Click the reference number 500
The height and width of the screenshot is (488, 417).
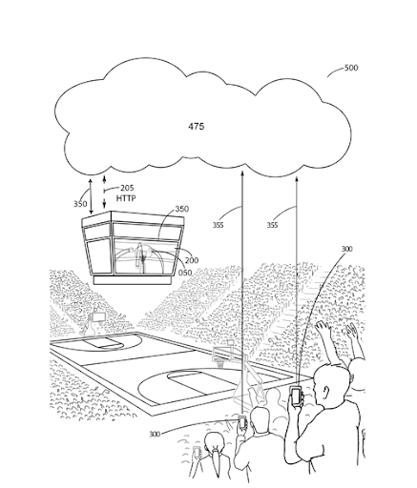coord(351,68)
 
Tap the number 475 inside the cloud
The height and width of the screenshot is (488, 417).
coord(197,127)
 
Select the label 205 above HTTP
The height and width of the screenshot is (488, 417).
coord(127,188)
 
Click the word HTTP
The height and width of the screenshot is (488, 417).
coord(126,198)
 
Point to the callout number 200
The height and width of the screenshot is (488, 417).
coord(192,260)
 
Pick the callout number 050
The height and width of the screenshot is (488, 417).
coord(185,273)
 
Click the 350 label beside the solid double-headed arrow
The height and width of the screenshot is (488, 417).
coord(80,204)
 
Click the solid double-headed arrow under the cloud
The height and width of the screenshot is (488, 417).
coord(91,196)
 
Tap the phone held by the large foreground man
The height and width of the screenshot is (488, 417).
coord(296,396)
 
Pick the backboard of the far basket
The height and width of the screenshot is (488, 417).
coord(98,316)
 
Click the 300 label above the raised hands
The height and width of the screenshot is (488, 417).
coord(346,249)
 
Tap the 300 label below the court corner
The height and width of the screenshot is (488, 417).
coord(155,434)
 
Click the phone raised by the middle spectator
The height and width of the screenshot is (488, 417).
coord(242,422)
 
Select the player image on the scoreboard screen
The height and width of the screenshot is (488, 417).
coord(140,256)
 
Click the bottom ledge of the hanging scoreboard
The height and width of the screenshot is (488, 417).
coord(134,280)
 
